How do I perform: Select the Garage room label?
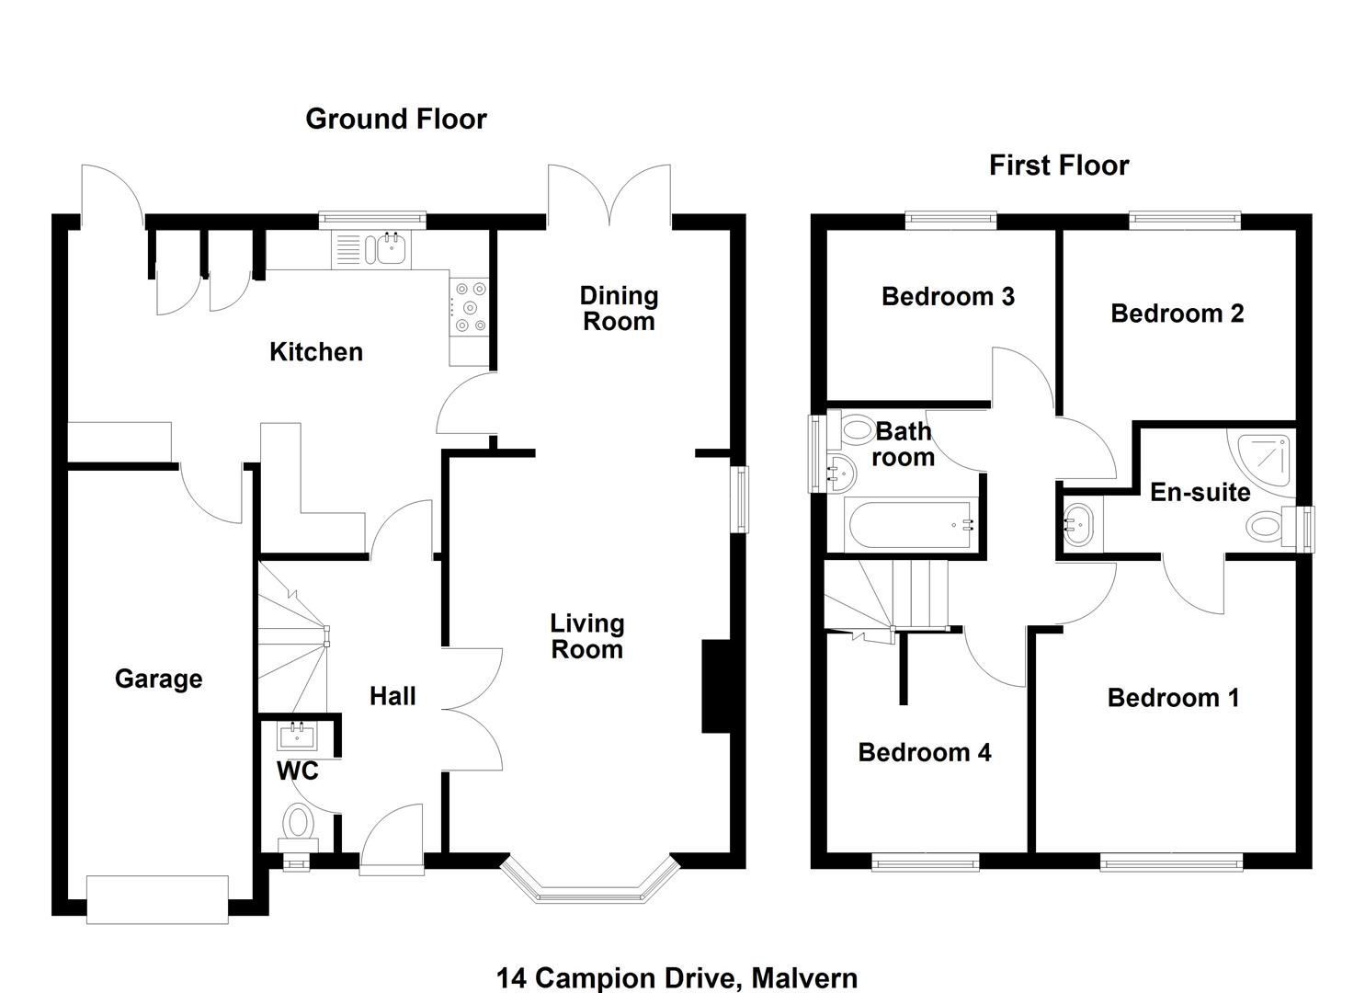click(x=158, y=679)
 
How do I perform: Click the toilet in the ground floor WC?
click(x=297, y=821)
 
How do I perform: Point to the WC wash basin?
click(x=297, y=736)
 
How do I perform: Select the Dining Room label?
click(x=619, y=309)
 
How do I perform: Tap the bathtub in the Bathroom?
click(x=911, y=526)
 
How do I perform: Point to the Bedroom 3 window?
click(x=950, y=219)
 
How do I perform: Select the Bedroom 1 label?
click(x=1173, y=698)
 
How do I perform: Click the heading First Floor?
click(x=1059, y=165)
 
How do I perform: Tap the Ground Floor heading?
click(x=395, y=119)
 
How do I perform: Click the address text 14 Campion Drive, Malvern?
click(x=677, y=978)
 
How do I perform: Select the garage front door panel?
click(x=157, y=899)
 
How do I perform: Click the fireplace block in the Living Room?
click(x=715, y=686)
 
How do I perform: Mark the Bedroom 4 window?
click(x=925, y=862)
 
